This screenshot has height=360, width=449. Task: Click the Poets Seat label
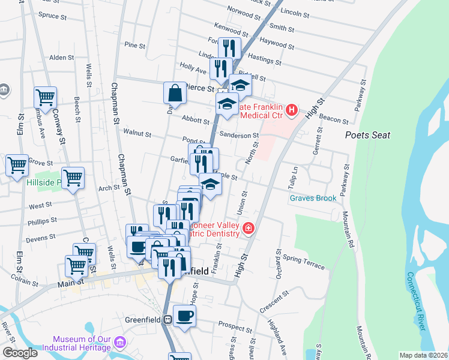(x=367, y=136)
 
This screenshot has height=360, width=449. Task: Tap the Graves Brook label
(x=313, y=198)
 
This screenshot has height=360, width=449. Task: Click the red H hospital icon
(x=292, y=109)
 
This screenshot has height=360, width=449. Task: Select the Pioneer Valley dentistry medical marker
(x=248, y=228)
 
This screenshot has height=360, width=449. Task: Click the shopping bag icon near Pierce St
(x=174, y=93)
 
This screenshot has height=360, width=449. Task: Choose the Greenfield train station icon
(x=169, y=320)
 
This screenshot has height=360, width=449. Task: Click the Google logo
(x=20, y=353)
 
